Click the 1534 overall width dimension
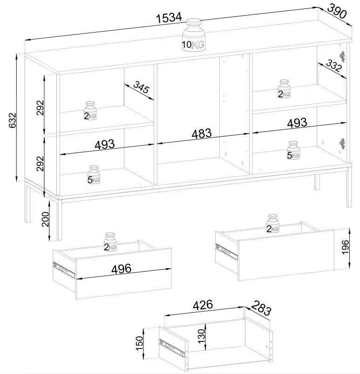tap(168, 18)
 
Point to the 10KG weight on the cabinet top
tap(193, 35)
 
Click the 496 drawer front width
tap(122, 268)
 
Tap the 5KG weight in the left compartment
tap(94, 174)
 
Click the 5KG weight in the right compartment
tap(293, 151)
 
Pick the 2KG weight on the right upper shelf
tap(284, 89)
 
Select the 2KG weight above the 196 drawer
tap(272, 224)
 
